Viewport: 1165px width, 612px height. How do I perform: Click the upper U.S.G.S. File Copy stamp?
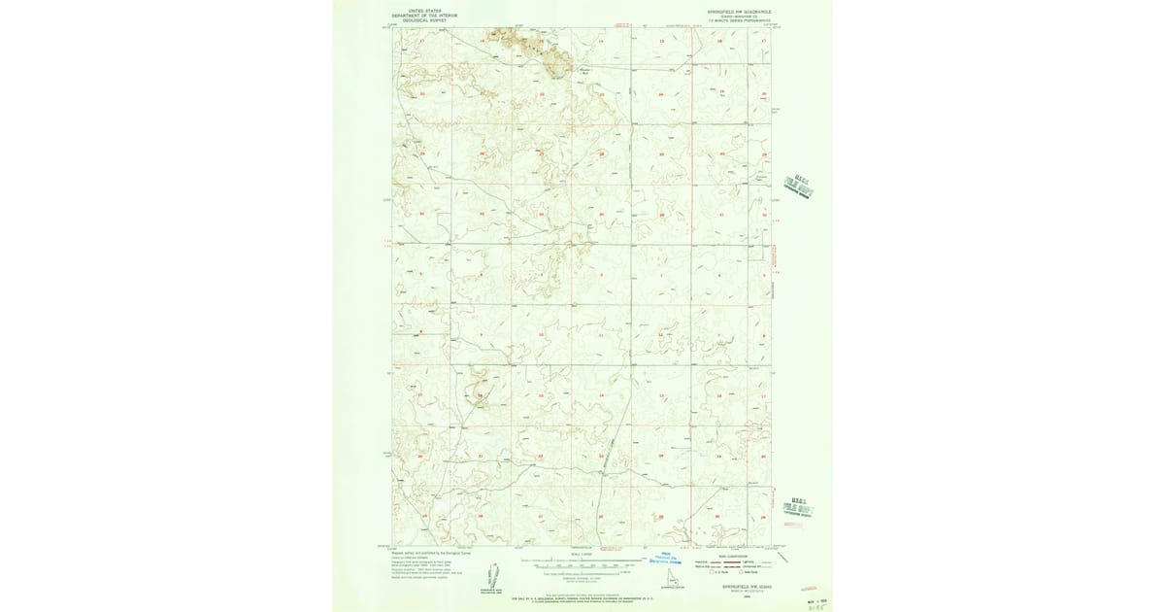(797, 185)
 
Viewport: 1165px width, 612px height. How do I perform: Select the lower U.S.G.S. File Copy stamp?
(798, 502)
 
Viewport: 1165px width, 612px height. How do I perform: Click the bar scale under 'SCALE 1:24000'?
(581, 563)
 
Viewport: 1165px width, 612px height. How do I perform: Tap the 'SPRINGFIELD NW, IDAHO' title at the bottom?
(736, 587)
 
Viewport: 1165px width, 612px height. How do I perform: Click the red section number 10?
(541, 336)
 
